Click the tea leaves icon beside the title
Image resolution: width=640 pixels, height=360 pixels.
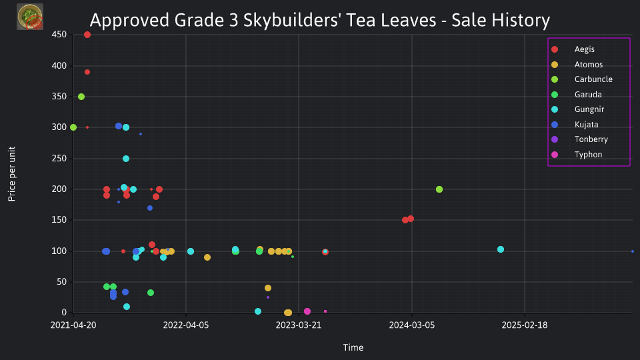(30, 17)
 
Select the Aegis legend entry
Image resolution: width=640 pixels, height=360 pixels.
(573, 49)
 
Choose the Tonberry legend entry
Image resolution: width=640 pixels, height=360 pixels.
(579, 139)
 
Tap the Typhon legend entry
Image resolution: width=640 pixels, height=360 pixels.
(576, 154)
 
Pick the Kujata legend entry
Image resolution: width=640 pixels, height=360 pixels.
(574, 125)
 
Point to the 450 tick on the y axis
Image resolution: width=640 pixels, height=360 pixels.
(59, 35)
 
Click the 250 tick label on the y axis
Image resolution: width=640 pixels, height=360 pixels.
(59, 159)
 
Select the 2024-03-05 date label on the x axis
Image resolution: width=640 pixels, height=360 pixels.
(412, 325)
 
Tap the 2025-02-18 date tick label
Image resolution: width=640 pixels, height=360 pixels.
(525, 325)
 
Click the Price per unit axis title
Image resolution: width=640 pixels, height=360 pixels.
(12, 174)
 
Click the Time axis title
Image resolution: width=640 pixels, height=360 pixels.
(353, 347)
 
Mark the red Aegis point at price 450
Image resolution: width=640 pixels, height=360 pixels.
(87, 35)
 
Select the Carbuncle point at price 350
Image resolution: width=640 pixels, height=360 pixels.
(81, 97)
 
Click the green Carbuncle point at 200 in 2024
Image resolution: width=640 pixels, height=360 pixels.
(439, 189)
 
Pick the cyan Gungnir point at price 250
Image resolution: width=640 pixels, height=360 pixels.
(126, 159)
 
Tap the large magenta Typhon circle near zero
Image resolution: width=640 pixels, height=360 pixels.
(307, 311)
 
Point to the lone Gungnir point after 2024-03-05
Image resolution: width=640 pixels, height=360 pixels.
(501, 249)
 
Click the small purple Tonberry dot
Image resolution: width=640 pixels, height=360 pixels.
(268, 297)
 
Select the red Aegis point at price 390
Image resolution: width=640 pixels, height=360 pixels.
(87, 72)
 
